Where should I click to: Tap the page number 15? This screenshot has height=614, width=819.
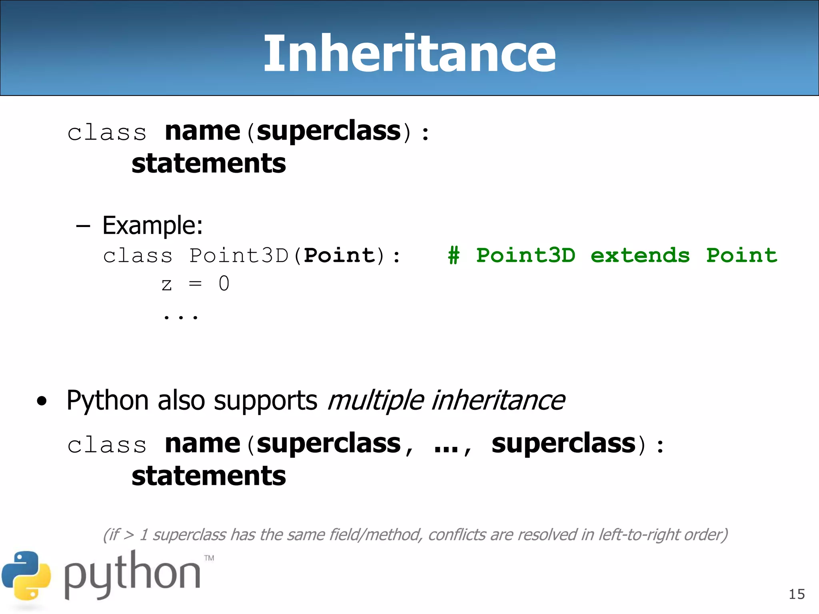coord(797,594)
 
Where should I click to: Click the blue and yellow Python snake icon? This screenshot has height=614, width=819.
coord(26,576)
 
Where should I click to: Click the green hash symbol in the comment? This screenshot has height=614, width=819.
coord(453,255)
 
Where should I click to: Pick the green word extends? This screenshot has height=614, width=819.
coord(640,255)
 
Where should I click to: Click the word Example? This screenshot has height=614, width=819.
coord(152,225)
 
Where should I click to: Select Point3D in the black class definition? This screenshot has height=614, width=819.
coord(239,255)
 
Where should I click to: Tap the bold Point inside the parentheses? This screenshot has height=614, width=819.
coord(340,255)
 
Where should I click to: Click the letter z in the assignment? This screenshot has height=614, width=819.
coord(167,285)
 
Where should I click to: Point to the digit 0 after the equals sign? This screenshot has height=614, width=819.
coord(224,284)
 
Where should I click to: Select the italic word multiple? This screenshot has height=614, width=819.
coord(376,400)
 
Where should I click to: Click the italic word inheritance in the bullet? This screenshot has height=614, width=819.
coord(498,400)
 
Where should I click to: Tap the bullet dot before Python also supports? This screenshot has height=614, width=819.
coord(42,401)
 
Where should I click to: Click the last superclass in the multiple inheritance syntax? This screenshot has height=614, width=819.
coord(563,444)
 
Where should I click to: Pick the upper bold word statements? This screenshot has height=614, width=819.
coord(209,163)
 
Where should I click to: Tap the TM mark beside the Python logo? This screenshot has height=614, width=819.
coord(209,558)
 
